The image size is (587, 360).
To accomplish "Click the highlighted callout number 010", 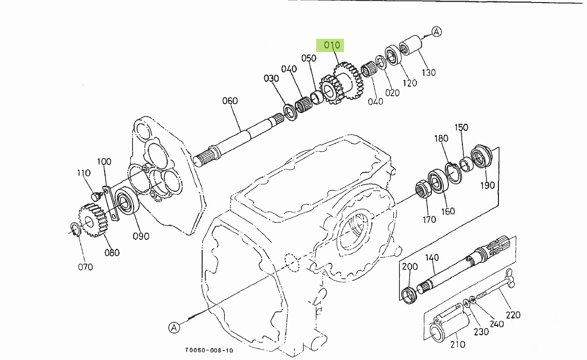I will (x=332, y=45).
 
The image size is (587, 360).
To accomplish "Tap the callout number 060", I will (x=230, y=101).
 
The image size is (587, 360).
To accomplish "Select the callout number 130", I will (x=428, y=72).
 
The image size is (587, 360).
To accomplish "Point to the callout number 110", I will (x=84, y=173).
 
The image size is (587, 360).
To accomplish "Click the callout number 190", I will (x=487, y=185).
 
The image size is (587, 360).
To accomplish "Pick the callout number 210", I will (x=457, y=344).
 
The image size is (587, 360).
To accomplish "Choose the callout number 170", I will (x=429, y=219).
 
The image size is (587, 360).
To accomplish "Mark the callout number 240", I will (x=496, y=324).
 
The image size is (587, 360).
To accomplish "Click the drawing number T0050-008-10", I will (x=209, y=351).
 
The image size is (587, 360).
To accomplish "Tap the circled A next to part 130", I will (x=437, y=32).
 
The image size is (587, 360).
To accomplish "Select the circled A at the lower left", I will (x=174, y=327).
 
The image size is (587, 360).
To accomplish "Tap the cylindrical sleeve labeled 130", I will (x=411, y=47).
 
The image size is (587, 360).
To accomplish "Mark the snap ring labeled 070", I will (x=75, y=229).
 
